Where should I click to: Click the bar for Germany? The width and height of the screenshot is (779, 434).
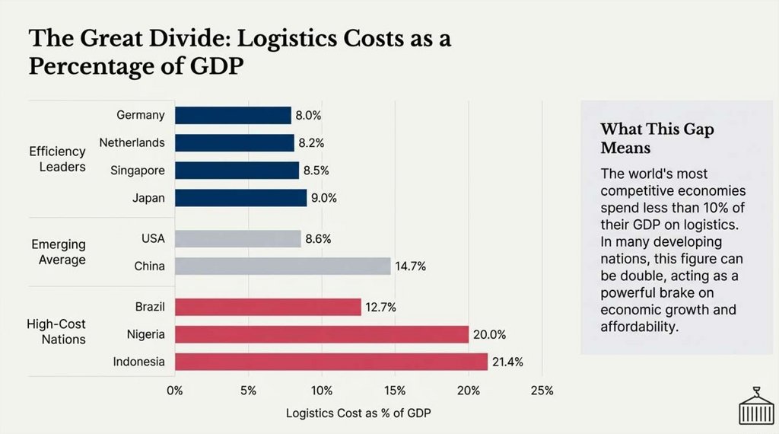(233, 115)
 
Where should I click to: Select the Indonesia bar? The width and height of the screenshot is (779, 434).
(331, 362)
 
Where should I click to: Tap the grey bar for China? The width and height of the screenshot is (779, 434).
(282, 266)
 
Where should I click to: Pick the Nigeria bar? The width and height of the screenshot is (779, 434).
(322, 334)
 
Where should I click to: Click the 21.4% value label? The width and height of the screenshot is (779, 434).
(507, 362)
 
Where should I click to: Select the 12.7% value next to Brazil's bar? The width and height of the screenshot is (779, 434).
(380, 307)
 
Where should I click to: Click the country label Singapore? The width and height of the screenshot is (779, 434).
(138, 170)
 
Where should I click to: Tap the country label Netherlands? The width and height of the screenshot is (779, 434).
(132, 142)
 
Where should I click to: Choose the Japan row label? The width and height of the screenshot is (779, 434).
(148, 197)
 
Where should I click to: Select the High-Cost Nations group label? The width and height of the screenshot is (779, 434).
(56, 331)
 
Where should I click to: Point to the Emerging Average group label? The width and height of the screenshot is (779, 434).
(59, 252)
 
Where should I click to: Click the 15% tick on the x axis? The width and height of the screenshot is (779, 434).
(395, 391)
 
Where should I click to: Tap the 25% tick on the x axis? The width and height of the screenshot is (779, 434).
(542, 391)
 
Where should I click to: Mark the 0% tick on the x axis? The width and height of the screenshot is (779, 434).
(175, 391)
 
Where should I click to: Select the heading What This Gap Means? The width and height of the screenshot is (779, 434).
(657, 138)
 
